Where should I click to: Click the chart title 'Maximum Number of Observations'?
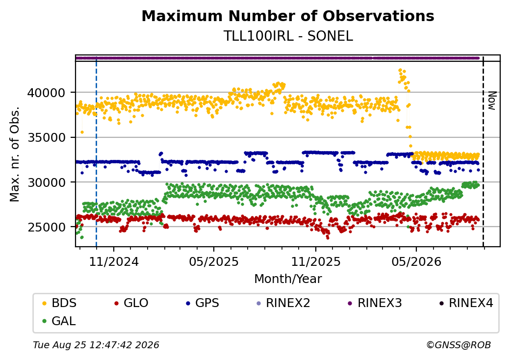pyautogui.click(x=288, y=16)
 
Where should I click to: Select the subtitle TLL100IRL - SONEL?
pyautogui.click(x=288, y=36)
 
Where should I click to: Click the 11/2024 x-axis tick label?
pyautogui.click(x=114, y=261)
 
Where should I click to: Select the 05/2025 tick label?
pyautogui.click(x=214, y=261)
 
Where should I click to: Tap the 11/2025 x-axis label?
pyautogui.click(x=315, y=261)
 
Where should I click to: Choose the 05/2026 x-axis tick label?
pyautogui.click(x=416, y=261)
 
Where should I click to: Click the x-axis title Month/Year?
pyautogui.click(x=288, y=279)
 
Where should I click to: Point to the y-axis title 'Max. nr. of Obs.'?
pyautogui.click(x=15, y=154)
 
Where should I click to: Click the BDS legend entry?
pyautogui.click(x=59, y=303)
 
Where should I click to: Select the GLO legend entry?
pyautogui.click(x=131, y=303)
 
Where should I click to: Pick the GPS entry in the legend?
pyautogui.click(x=203, y=303)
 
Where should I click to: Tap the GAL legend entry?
pyautogui.click(x=59, y=321)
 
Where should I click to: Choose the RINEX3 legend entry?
pyautogui.click(x=375, y=303)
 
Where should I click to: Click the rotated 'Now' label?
pyautogui.click(x=492, y=101)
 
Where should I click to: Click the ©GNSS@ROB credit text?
pyautogui.click(x=459, y=345)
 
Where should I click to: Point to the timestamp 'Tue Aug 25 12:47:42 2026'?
pyautogui.click(x=96, y=345)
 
